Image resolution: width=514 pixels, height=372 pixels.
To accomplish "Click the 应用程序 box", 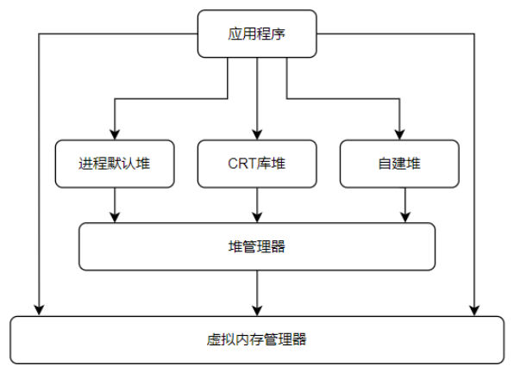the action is coord(257,34).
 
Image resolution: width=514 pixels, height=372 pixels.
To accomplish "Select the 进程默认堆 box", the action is coord(115,164).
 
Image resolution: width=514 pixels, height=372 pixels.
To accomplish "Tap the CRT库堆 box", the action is coord(257,164).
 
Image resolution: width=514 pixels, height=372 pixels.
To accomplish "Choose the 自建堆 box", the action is coord(399,164).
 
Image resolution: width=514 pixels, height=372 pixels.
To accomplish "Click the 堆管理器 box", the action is coord(257,246).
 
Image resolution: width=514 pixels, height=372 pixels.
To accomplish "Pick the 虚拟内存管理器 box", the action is coord(257,340).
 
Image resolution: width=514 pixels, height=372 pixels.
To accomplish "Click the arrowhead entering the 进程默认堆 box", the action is coord(115,135).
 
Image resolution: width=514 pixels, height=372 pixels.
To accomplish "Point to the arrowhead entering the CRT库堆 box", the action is coord(257,135).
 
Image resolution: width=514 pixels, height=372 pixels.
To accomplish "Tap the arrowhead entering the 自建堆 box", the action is coord(399,135).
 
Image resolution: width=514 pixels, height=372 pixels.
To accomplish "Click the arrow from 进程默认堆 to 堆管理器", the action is coord(115,206).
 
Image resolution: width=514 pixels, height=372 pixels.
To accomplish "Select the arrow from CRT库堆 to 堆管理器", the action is coord(257,206).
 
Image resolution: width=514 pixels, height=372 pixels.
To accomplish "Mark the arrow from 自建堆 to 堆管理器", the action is coord(405,206).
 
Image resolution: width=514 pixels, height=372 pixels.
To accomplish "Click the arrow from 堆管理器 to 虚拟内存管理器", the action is coord(257,294).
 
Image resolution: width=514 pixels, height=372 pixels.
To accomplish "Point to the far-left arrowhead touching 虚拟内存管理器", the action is coord(39,311).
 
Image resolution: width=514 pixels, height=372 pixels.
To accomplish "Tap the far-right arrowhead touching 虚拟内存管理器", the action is coord(474,311).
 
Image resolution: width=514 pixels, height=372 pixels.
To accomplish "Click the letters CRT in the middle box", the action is coord(242,164).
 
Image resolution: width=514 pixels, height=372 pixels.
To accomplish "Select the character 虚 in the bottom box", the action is coord(213,340).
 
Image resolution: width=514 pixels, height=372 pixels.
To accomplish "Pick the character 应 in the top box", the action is coord(235,34).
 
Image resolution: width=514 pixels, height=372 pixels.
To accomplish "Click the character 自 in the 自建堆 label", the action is coord(385,164).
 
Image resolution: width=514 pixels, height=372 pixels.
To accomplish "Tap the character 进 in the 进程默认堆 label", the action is coord(86,164).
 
